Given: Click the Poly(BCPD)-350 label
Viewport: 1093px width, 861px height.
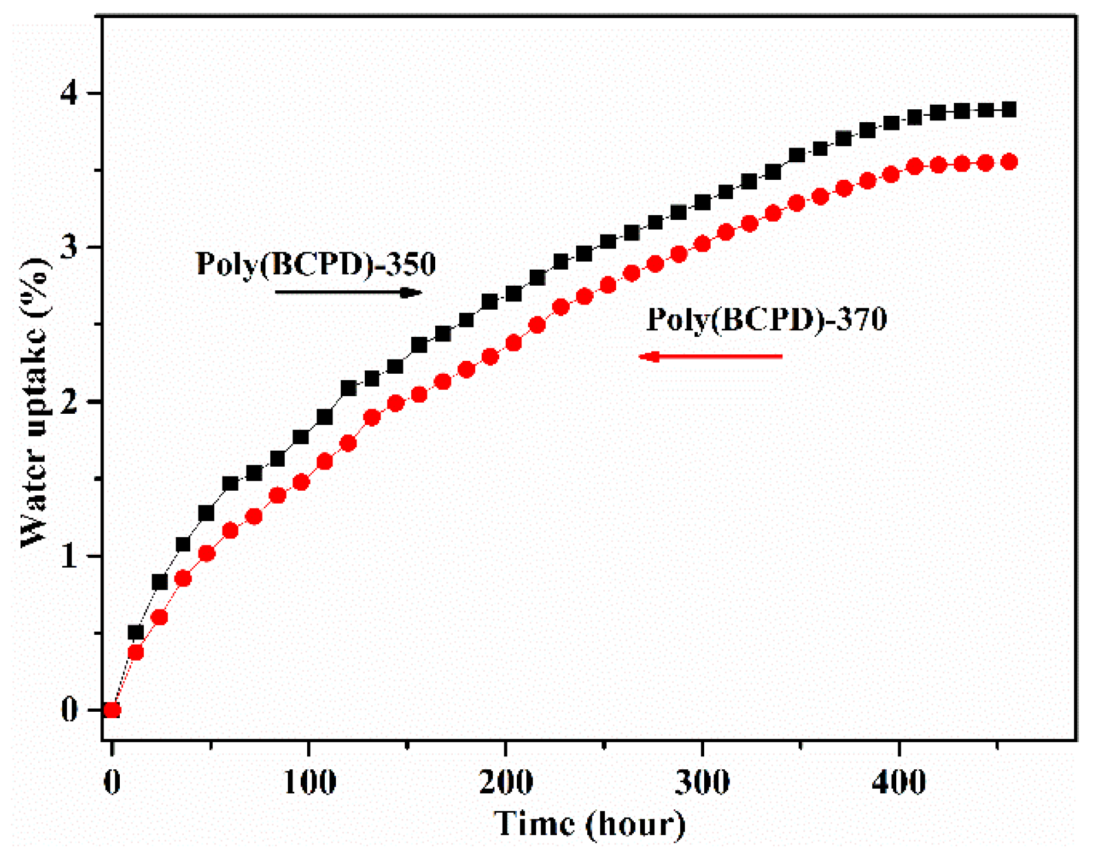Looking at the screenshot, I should click(316, 263).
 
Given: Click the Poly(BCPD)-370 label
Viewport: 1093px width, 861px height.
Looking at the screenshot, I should click(766, 319).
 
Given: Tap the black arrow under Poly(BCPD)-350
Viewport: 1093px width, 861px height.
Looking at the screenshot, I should click(348, 292).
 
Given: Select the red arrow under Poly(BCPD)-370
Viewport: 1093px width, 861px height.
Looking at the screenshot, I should click(711, 356).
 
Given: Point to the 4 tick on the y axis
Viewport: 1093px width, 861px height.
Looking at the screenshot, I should click(69, 93).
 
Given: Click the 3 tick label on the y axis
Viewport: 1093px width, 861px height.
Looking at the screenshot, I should click(69, 247).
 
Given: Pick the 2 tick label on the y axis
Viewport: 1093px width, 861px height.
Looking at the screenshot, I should click(69, 402).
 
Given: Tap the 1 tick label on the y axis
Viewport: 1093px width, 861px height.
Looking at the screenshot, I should click(69, 556).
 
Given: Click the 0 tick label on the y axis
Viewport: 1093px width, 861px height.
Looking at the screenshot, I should click(69, 710).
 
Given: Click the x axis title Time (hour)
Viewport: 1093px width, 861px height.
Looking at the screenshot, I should click(589, 824).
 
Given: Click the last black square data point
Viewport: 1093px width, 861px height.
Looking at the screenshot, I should click(1009, 109).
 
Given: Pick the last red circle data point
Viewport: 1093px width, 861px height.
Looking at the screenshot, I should click(1009, 162).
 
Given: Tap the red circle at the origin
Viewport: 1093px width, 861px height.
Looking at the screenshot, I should click(112, 710).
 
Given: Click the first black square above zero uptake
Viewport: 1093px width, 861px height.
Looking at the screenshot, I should click(136, 632).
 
